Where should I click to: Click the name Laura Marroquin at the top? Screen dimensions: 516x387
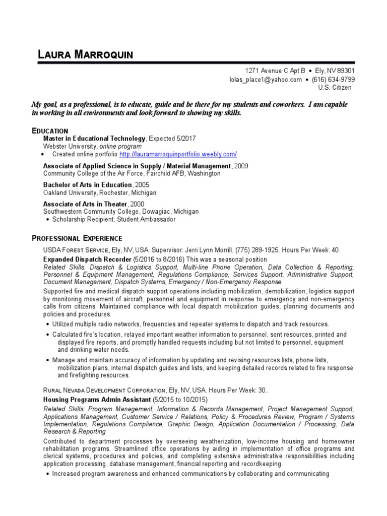pos(86,55)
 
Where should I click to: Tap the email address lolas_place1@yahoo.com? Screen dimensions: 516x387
pos(259,80)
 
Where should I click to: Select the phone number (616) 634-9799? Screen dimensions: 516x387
pos(334,80)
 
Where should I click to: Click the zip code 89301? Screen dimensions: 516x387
pos(345,72)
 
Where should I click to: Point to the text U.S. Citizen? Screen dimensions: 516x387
pos(335,88)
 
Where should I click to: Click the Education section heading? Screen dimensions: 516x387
pos(50,131)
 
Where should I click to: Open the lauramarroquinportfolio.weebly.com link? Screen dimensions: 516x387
pos(178,154)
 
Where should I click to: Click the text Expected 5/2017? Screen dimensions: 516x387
pos(172,138)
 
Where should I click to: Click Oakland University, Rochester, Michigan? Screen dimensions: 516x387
pos(100,192)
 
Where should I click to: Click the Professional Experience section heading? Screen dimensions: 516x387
pos(77,238)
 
